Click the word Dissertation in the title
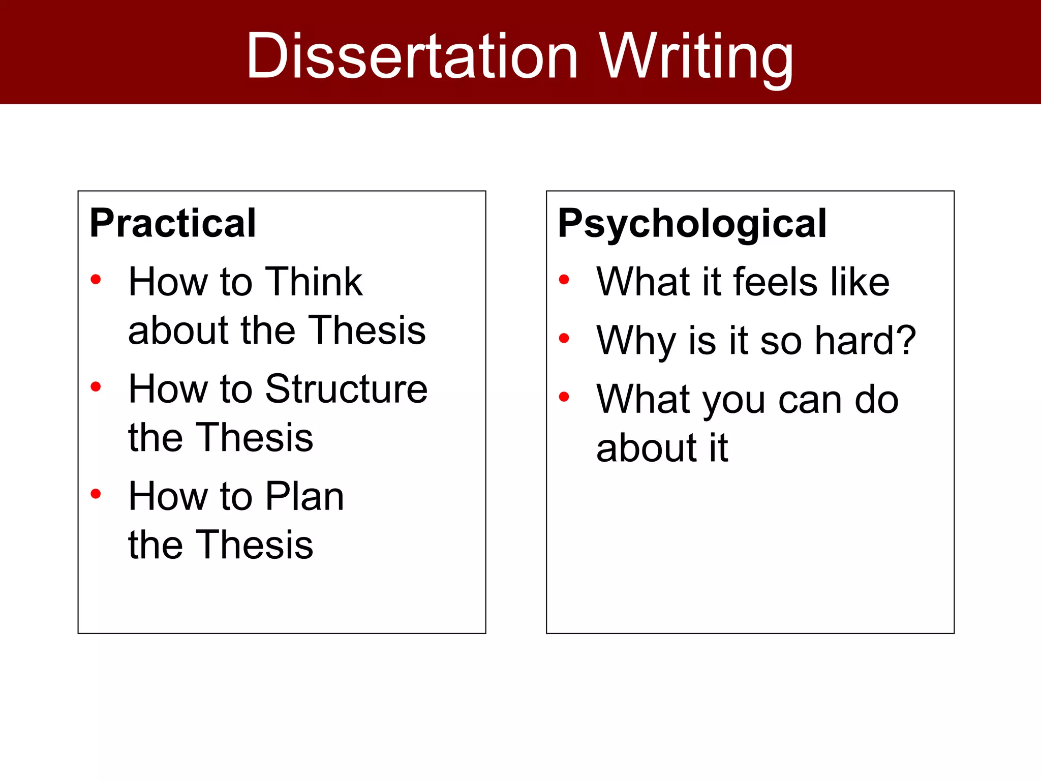point(412,56)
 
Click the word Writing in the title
point(696,57)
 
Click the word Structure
point(346,389)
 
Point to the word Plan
point(304,496)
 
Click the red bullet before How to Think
point(96,279)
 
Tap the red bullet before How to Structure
point(96,387)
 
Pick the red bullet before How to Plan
point(96,494)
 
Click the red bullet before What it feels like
point(564,279)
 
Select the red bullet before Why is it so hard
point(564,338)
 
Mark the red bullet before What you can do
point(564,397)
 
